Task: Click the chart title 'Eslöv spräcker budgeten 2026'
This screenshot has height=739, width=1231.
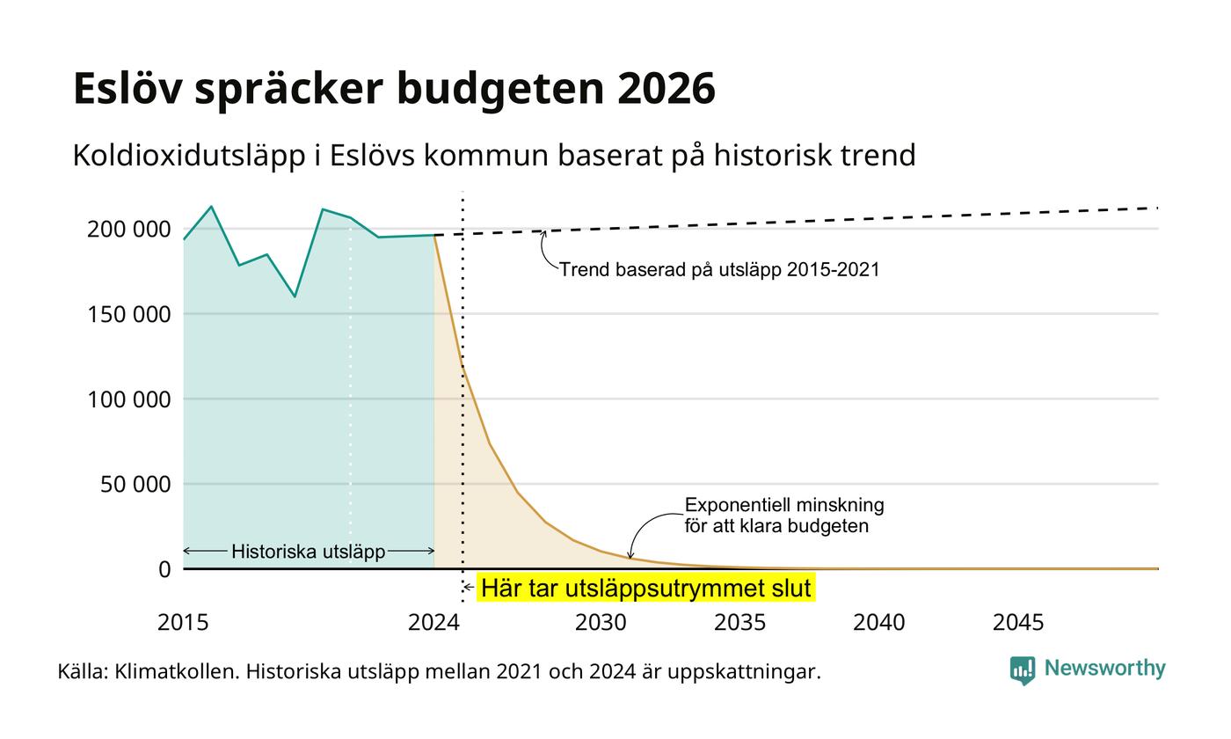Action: [x=394, y=89]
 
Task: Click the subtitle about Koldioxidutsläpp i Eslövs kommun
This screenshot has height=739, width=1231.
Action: [x=494, y=156]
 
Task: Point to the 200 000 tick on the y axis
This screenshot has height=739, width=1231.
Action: [x=128, y=230]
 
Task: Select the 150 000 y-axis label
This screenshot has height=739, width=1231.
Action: [x=128, y=315]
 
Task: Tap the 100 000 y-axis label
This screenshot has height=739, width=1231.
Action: [x=128, y=399]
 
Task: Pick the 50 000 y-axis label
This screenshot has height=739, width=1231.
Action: [x=135, y=485]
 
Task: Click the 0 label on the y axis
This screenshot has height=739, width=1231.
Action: [x=164, y=570]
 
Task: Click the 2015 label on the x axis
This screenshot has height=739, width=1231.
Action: [x=183, y=623]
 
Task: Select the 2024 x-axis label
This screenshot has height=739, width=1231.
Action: [x=433, y=623]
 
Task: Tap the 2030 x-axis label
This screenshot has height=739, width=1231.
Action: [x=601, y=623]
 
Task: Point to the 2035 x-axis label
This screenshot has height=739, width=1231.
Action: [x=739, y=623]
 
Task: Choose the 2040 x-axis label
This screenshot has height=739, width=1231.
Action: [x=878, y=623]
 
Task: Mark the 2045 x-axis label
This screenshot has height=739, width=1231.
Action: [x=1018, y=623]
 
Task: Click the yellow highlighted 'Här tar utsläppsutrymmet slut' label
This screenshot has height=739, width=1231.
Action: [x=645, y=589]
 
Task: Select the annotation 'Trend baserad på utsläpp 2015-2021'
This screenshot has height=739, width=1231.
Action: [x=719, y=270]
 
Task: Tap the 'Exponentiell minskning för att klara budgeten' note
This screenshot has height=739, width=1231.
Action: [x=784, y=516]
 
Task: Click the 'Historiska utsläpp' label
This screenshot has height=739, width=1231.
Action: [x=309, y=552]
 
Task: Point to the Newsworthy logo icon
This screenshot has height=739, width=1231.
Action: [x=1022, y=670]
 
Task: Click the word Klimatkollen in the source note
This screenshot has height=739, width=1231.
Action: [x=177, y=672]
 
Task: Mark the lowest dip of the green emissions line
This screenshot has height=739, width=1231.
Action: [x=295, y=296]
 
